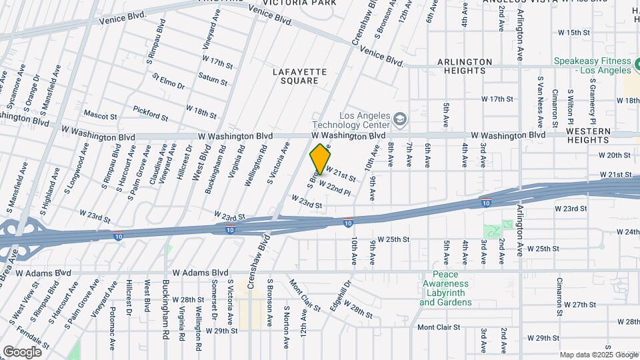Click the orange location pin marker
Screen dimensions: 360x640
pos(321,159)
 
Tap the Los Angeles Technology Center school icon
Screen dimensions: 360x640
pos(400,119)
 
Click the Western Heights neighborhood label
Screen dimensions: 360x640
pos(589,135)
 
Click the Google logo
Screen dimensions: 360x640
pos(22,351)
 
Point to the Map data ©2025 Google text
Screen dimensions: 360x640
pos(598,355)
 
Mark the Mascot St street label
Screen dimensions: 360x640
pos(101,115)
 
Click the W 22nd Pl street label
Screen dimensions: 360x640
pos(335,187)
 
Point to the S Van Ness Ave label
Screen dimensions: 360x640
pos(540,101)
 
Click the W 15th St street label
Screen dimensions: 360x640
pos(574,32)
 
